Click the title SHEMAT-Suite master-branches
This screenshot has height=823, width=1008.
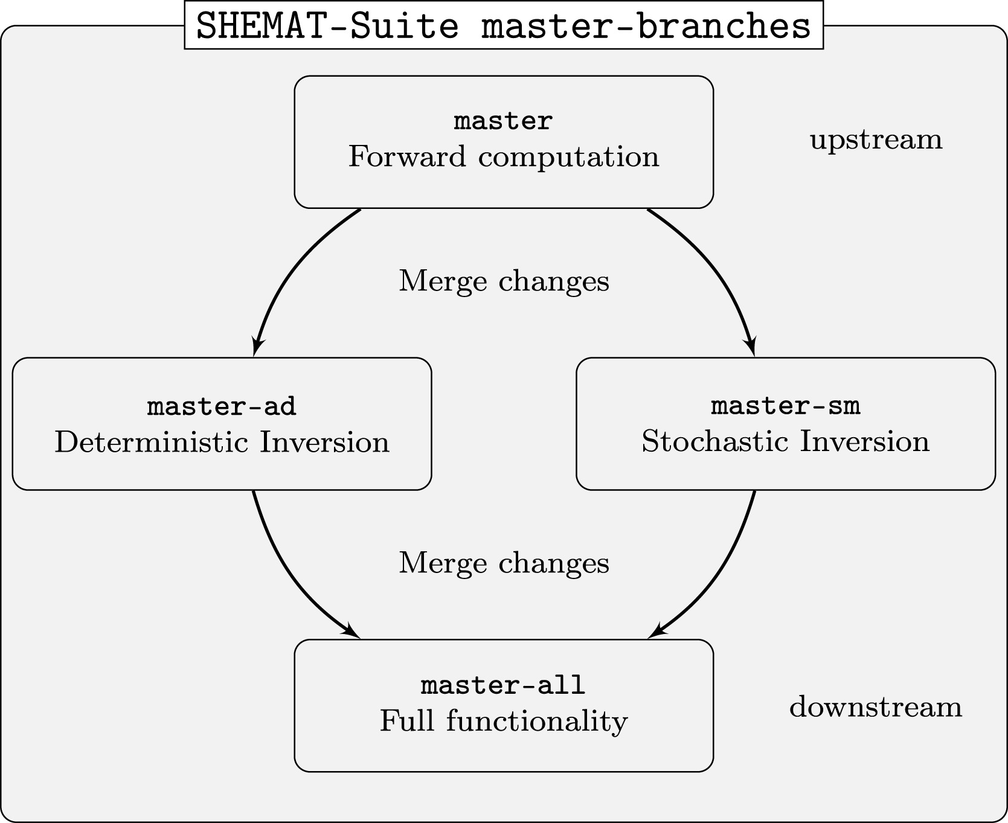(504, 25)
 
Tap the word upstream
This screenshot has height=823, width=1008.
(876, 140)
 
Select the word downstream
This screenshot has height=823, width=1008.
(876, 706)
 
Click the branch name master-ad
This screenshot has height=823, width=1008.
(222, 406)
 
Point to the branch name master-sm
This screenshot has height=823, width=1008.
(785, 406)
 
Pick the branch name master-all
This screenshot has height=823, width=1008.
(503, 685)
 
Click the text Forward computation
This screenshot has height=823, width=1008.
(504, 157)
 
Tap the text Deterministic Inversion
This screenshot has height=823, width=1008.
(222, 442)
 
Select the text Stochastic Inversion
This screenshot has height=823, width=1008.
(785, 441)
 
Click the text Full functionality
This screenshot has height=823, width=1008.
(504, 722)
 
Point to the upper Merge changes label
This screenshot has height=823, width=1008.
(504, 281)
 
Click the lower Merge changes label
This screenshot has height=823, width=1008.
(504, 563)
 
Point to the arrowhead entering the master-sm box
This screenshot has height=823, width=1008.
(751, 348)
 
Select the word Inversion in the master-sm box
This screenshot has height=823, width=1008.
(865, 441)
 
